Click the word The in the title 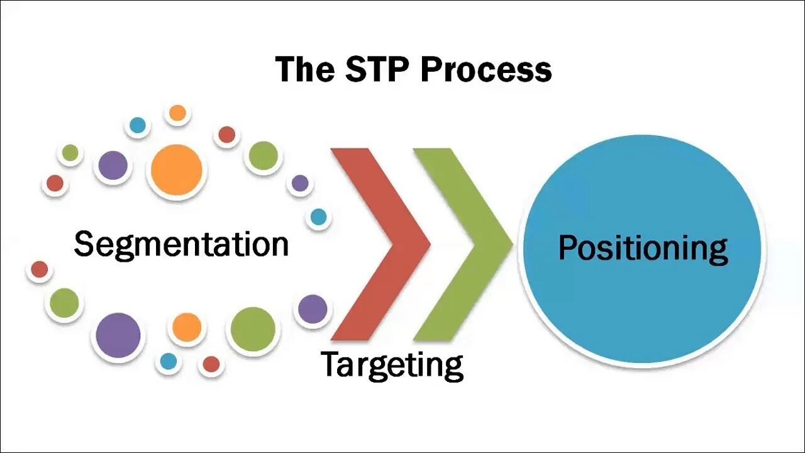pyautogui.click(x=305, y=69)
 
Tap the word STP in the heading pyautogui.click(x=376, y=69)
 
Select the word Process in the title pyautogui.click(x=486, y=70)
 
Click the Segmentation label pyautogui.click(x=181, y=244)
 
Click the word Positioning pyautogui.click(x=643, y=249)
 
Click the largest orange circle pyautogui.click(x=177, y=170)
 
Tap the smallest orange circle pyautogui.click(x=177, y=113)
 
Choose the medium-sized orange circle pyautogui.click(x=187, y=327)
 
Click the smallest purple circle pyautogui.click(x=300, y=183)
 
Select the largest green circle pyautogui.click(x=253, y=329)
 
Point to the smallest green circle pyautogui.click(x=70, y=153)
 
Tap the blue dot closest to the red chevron pyautogui.click(x=319, y=217)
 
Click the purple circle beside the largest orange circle pyautogui.click(x=113, y=166)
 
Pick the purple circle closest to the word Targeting pyautogui.click(x=313, y=309)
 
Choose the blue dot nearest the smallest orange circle pyautogui.click(x=137, y=125)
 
